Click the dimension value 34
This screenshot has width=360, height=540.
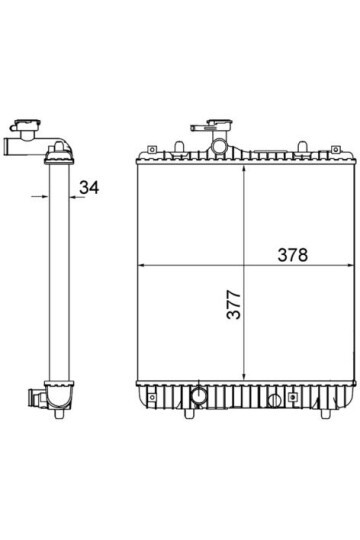coord(89,187)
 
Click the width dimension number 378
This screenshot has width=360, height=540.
coord(292,255)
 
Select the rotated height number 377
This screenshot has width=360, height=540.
coord(234,304)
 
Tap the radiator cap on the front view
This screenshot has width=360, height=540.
coord(219,125)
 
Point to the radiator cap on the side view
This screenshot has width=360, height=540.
coord(28,124)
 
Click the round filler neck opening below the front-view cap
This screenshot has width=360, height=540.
coord(218,146)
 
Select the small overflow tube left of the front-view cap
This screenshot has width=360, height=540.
coord(199,128)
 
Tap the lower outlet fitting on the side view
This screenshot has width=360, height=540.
coord(36,398)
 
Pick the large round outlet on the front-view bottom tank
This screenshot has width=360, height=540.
coord(199,395)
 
